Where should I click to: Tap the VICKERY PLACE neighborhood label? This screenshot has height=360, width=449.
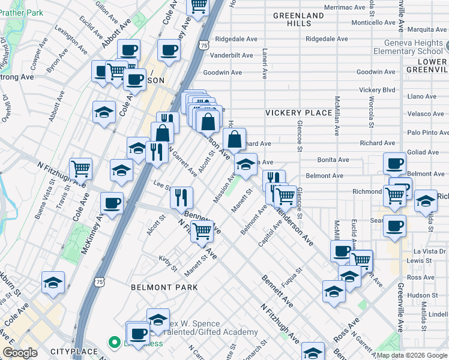(299, 113)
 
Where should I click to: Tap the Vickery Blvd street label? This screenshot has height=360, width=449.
(377, 90)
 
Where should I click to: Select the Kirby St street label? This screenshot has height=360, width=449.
(168, 262)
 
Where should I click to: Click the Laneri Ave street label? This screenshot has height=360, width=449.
(264, 65)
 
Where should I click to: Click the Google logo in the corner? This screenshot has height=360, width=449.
(20, 353)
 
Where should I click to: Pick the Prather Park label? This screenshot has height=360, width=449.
(22, 12)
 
